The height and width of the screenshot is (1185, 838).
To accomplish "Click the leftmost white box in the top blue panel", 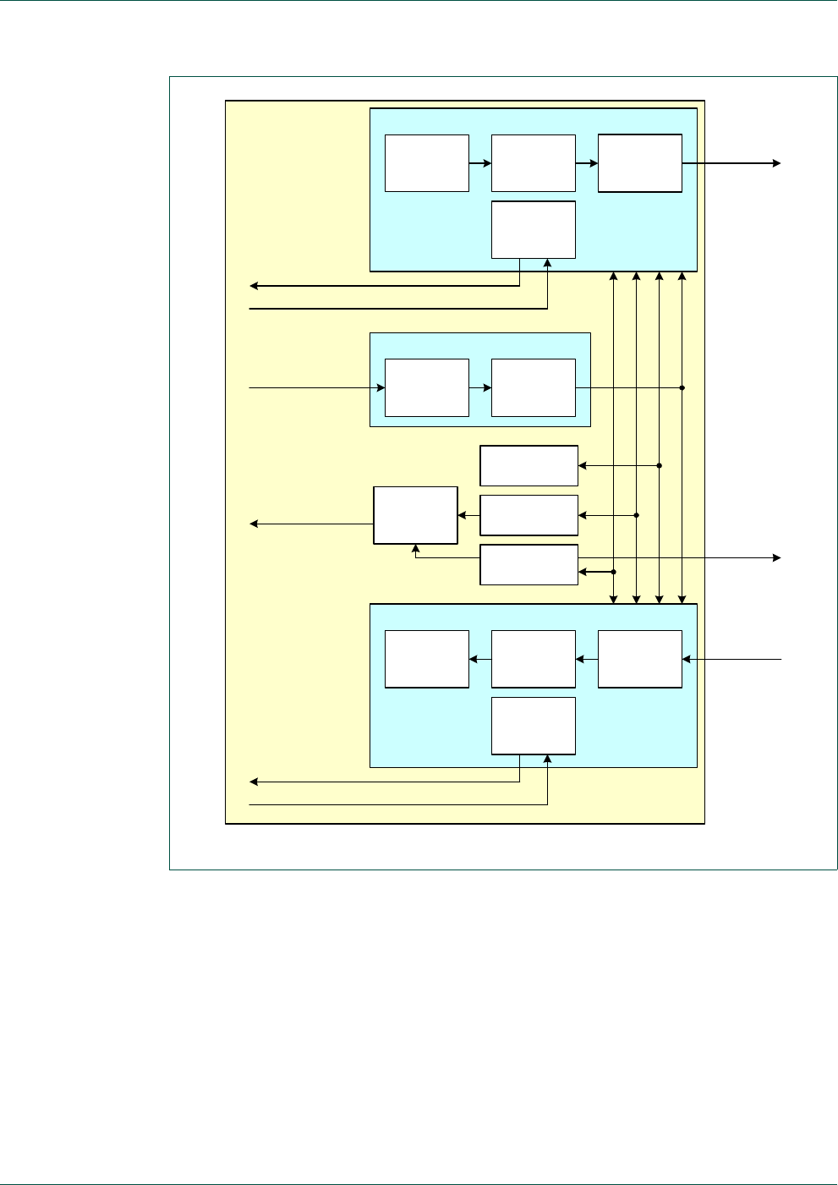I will click(x=427, y=163).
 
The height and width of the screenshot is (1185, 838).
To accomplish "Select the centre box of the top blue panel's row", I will click(x=534, y=163).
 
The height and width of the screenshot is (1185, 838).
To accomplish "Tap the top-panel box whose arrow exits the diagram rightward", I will click(x=640, y=163).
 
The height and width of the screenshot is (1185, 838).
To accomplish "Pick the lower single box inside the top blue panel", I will click(x=534, y=229).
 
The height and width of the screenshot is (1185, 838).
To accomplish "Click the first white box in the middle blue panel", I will click(x=427, y=387).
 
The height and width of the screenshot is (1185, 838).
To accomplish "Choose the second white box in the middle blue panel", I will click(x=534, y=387).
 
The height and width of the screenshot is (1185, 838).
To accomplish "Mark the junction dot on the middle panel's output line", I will click(x=682, y=388).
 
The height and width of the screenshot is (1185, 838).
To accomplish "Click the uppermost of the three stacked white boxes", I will click(x=529, y=465).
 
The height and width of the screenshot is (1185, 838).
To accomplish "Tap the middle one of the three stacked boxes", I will click(x=529, y=515).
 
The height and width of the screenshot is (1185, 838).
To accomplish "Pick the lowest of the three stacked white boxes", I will click(x=529, y=565).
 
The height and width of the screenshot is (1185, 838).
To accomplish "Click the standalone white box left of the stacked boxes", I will click(x=416, y=515).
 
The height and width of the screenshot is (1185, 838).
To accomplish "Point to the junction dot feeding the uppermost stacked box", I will click(x=659, y=465).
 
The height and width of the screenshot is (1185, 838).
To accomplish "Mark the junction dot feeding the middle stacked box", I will click(x=636, y=515).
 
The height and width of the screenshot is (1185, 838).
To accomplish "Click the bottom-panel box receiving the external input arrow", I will click(x=640, y=659).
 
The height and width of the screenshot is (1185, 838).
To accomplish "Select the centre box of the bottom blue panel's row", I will click(x=534, y=659).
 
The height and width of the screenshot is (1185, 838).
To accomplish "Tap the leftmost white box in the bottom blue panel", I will click(x=427, y=659).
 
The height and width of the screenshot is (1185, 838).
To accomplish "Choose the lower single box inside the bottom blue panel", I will click(x=534, y=726).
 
